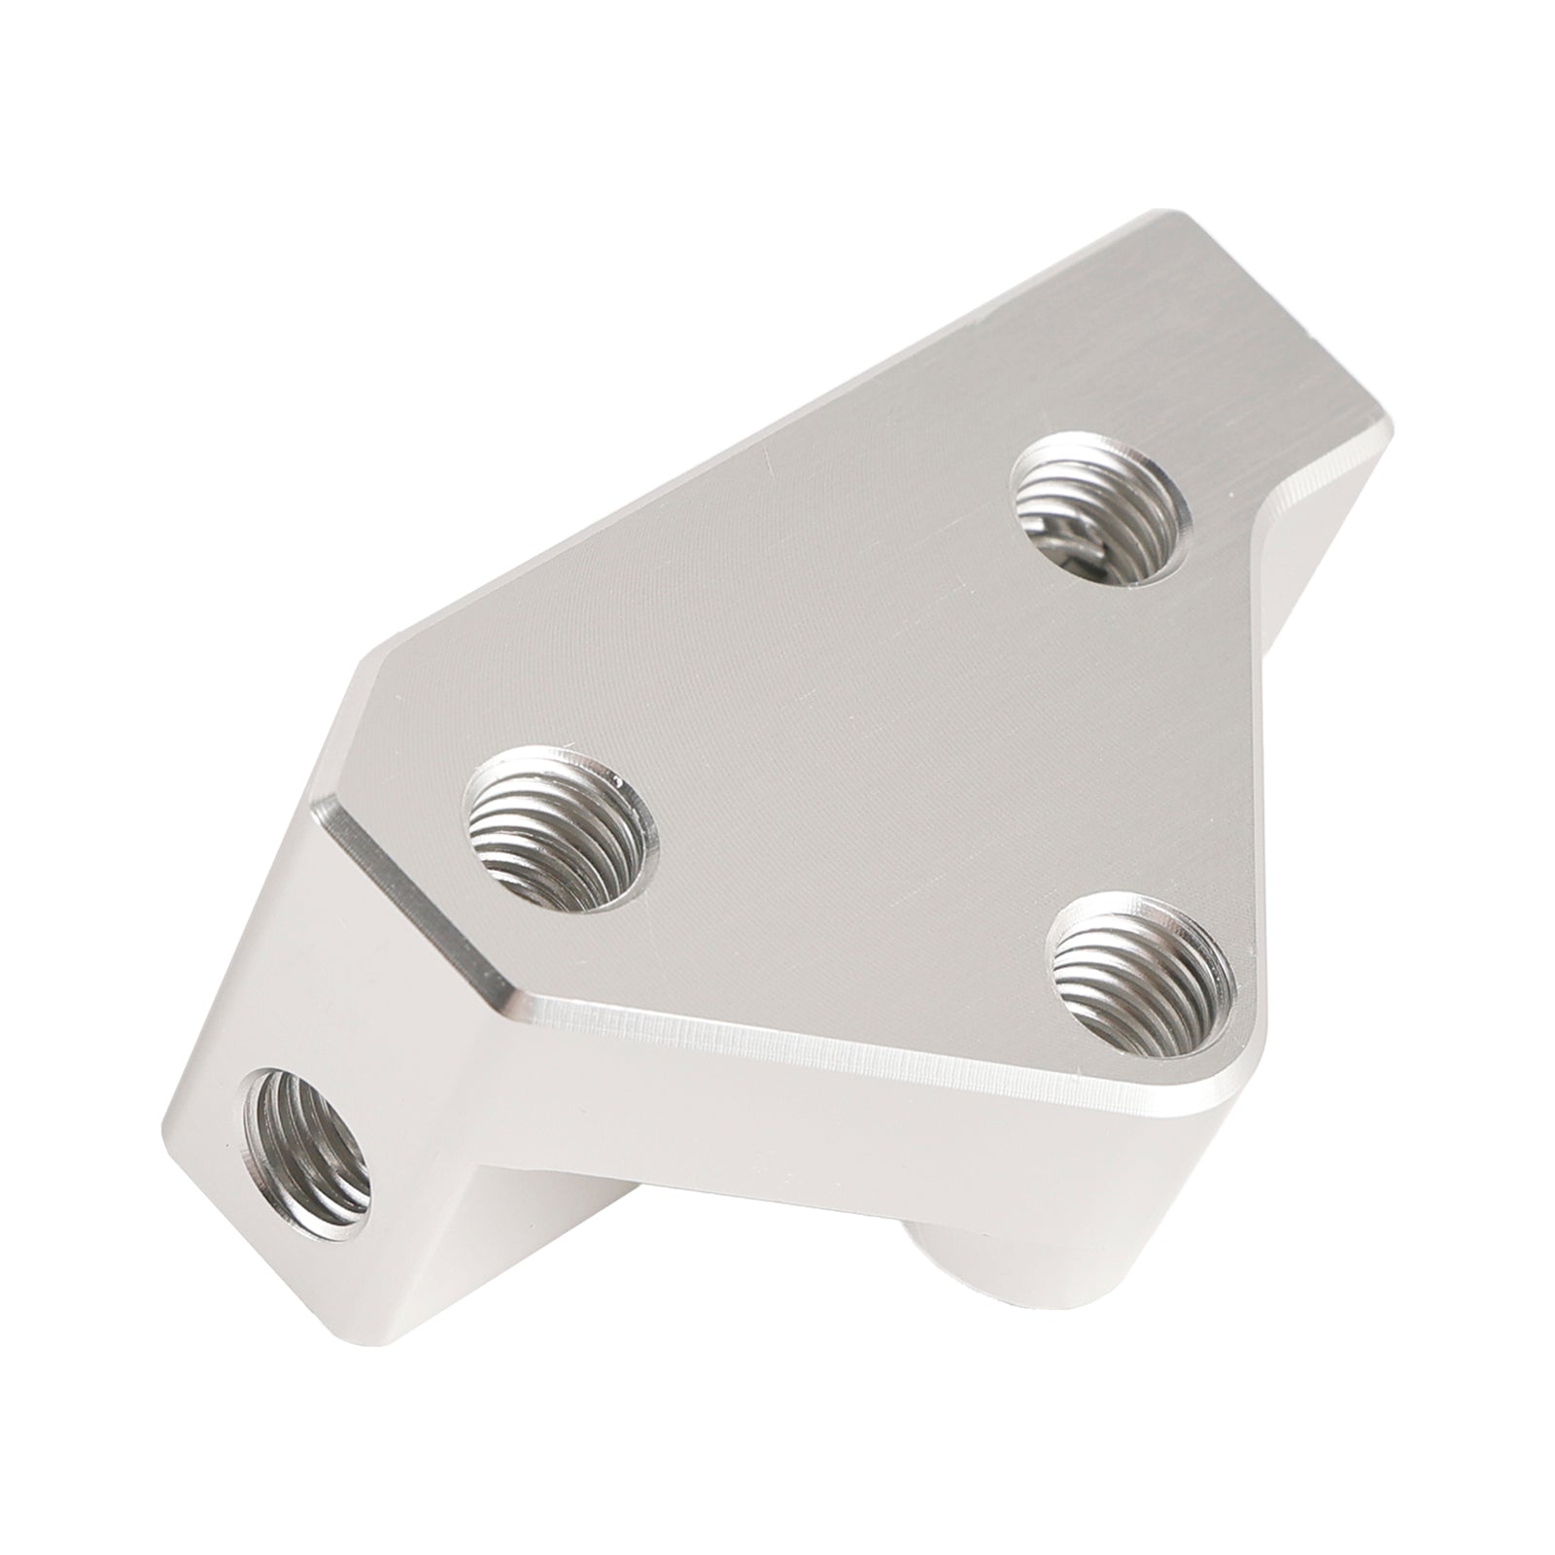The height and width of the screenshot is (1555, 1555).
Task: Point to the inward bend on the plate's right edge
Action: (1263, 520)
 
